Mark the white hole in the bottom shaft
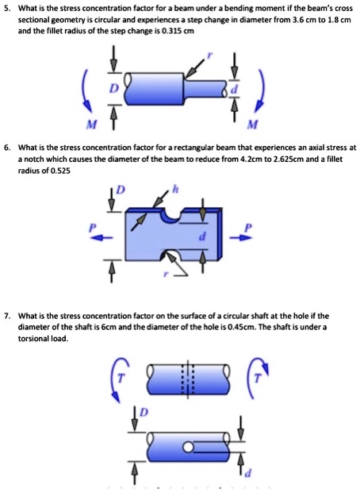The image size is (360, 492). [x=190, y=448]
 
